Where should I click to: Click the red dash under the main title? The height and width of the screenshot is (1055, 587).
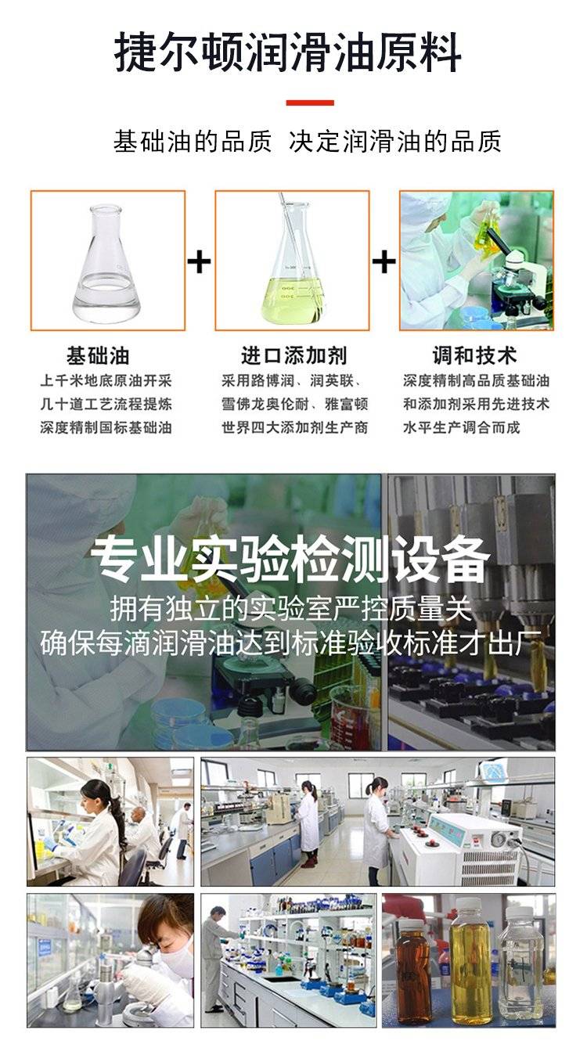(310, 103)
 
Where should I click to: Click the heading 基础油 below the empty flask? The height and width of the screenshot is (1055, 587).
(98, 356)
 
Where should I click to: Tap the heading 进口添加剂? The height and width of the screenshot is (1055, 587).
(294, 356)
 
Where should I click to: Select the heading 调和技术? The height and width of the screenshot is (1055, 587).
(475, 356)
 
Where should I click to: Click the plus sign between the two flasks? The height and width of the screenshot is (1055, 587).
(199, 262)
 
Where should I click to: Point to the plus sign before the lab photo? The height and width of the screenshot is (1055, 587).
(384, 262)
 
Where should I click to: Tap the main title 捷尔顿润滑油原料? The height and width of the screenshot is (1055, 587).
(288, 52)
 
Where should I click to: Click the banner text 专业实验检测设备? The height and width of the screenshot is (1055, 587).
(290, 560)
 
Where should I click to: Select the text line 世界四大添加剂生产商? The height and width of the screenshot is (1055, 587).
(295, 427)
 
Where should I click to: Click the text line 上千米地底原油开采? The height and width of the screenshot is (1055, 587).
(106, 380)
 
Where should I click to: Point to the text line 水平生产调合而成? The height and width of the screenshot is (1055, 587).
(462, 427)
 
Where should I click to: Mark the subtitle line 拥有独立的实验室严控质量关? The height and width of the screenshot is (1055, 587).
(290, 609)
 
